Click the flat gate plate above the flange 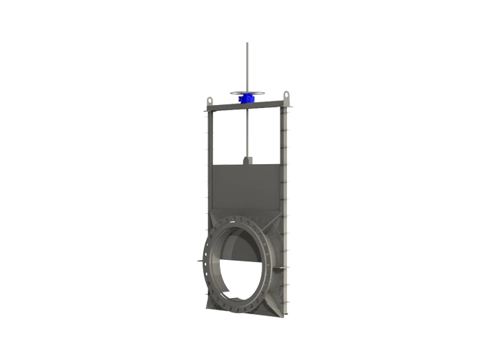pyautogui.click(x=244, y=188)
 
